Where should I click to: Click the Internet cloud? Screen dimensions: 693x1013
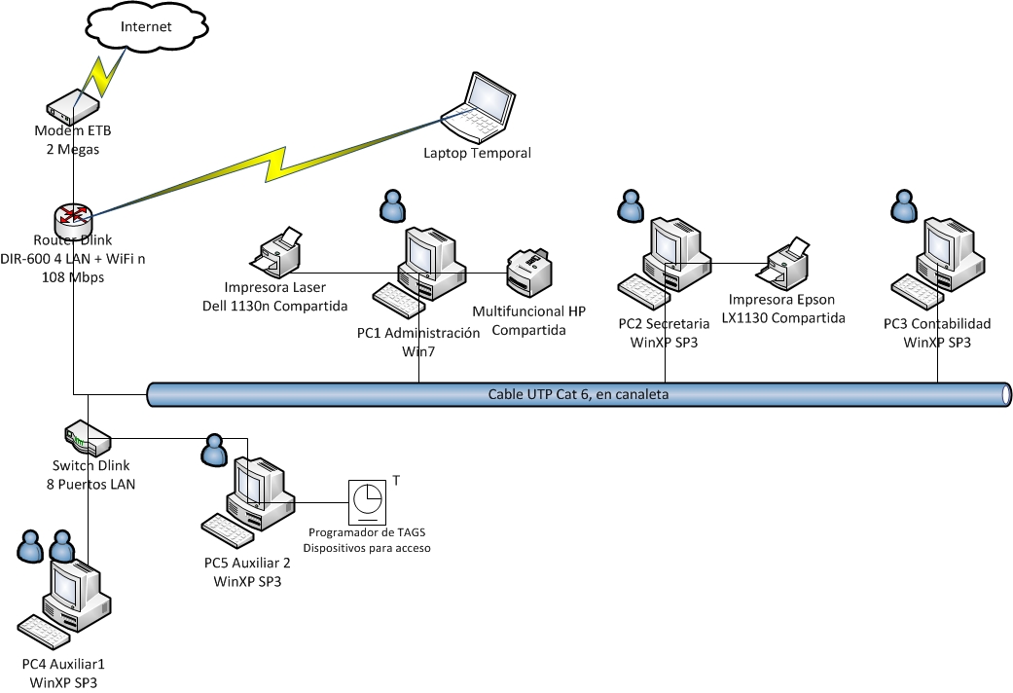click(x=146, y=28)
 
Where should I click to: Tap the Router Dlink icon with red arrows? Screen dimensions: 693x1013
click(x=73, y=217)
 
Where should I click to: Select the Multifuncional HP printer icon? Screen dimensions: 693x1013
click(x=529, y=272)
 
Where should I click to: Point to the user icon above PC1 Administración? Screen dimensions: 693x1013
click(x=392, y=205)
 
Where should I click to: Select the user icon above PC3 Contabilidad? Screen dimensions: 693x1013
click(x=904, y=205)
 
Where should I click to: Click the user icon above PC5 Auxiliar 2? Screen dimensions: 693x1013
click(x=212, y=448)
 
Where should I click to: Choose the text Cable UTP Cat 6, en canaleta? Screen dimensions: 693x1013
click(x=578, y=394)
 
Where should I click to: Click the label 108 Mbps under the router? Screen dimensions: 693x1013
click(x=73, y=277)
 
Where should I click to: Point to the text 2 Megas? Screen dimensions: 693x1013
click(x=73, y=150)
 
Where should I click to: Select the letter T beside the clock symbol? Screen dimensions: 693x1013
click(x=396, y=479)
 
